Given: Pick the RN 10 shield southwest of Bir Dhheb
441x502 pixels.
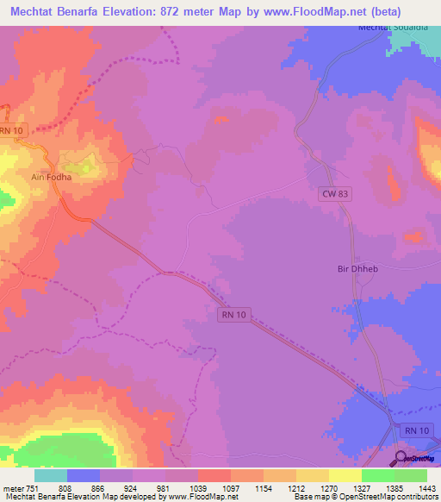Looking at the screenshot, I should pyautogui.click(x=233, y=316).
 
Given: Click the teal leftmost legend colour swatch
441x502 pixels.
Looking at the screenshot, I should pyautogui.click(x=51, y=474).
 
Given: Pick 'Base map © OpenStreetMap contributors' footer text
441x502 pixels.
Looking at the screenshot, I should pyautogui.click(x=363, y=497).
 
